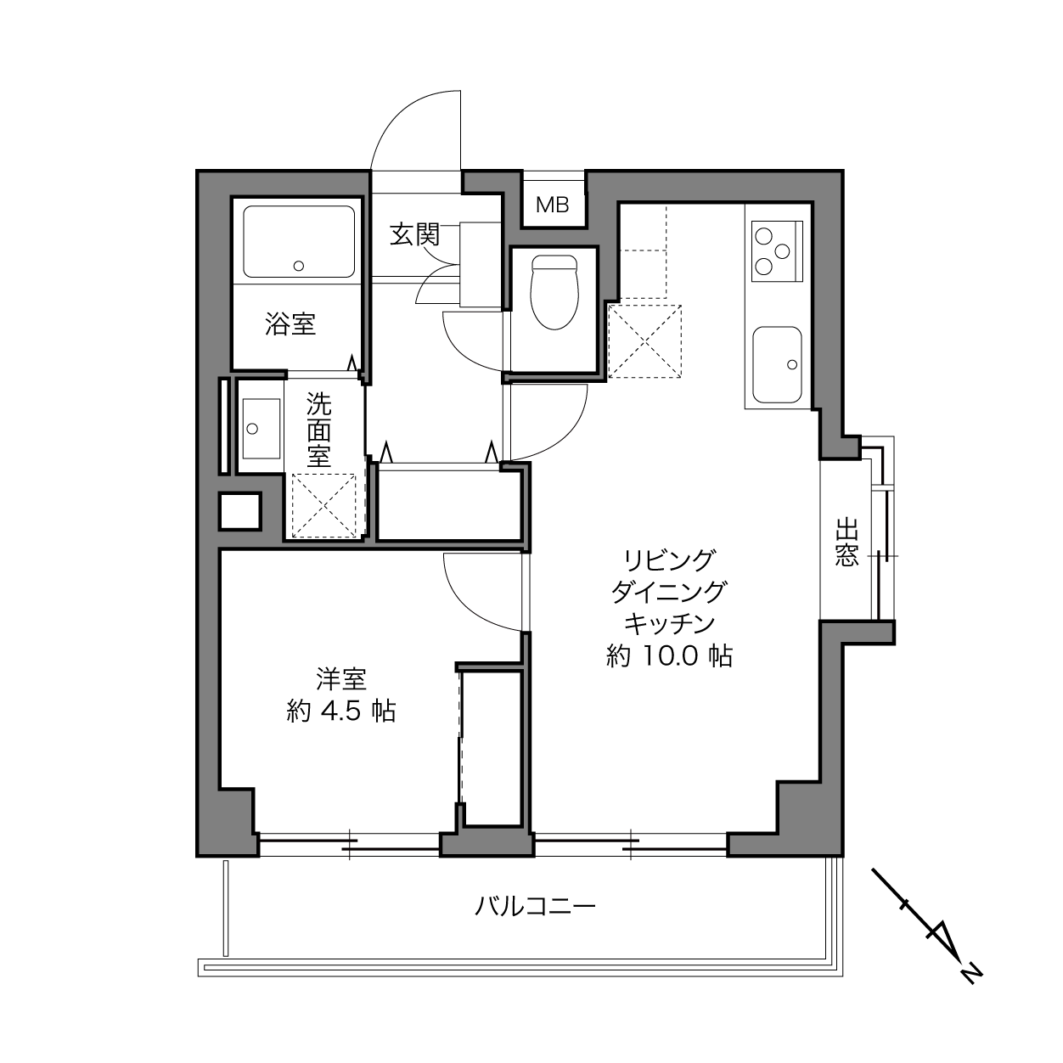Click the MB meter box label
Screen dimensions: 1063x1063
[x=552, y=205]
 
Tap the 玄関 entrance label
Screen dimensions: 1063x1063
[x=415, y=235]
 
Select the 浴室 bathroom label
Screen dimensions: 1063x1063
[x=290, y=323]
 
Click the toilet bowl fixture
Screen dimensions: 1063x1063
[x=554, y=292]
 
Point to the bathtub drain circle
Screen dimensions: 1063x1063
[x=299, y=266]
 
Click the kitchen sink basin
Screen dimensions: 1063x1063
[x=777, y=364]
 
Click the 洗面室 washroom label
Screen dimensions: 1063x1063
[x=319, y=430]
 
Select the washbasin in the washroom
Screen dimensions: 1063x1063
[x=261, y=429]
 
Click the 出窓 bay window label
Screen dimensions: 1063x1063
[x=846, y=542]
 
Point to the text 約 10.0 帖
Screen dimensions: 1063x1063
[x=669, y=656]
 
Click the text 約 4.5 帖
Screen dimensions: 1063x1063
[x=341, y=711]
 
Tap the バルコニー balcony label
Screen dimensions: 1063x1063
[x=535, y=906]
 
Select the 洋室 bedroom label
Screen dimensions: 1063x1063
[x=341, y=679]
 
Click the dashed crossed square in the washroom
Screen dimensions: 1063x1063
[x=323, y=505]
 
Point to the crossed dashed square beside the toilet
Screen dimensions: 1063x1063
[x=644, y=341]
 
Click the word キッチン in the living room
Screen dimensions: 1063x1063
[x=668, y=623]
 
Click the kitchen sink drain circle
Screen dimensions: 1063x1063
[x=792, y=364]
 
